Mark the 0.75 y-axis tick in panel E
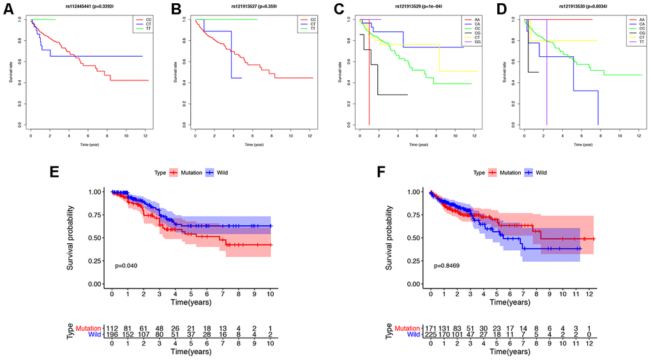96,214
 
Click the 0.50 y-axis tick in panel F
415,237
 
